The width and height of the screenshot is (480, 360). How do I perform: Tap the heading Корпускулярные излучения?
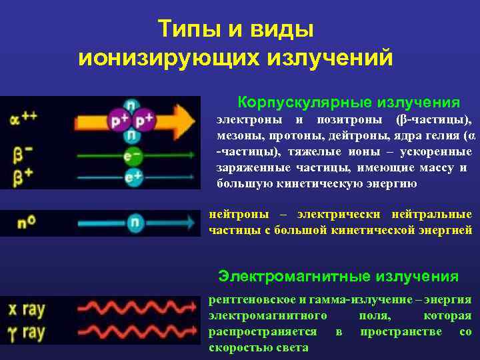click(349, 103)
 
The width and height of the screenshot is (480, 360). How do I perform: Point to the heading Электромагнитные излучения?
click(339, 276)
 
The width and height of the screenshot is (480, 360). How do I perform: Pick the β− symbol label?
click(23, 155)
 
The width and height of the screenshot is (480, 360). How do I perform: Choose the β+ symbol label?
click(23, 176)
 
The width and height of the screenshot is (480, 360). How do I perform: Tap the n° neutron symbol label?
click(27, 221)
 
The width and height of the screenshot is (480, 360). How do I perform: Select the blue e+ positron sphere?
click(134, 177)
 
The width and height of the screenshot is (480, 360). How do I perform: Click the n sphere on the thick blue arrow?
click(135, 223)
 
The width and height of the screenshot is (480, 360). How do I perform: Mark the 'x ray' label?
click(27, 309)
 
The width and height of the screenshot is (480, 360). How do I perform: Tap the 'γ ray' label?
click(27, 331)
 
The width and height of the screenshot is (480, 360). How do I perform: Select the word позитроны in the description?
click(349, 121)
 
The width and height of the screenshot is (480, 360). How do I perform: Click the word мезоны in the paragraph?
click(239, 136)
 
